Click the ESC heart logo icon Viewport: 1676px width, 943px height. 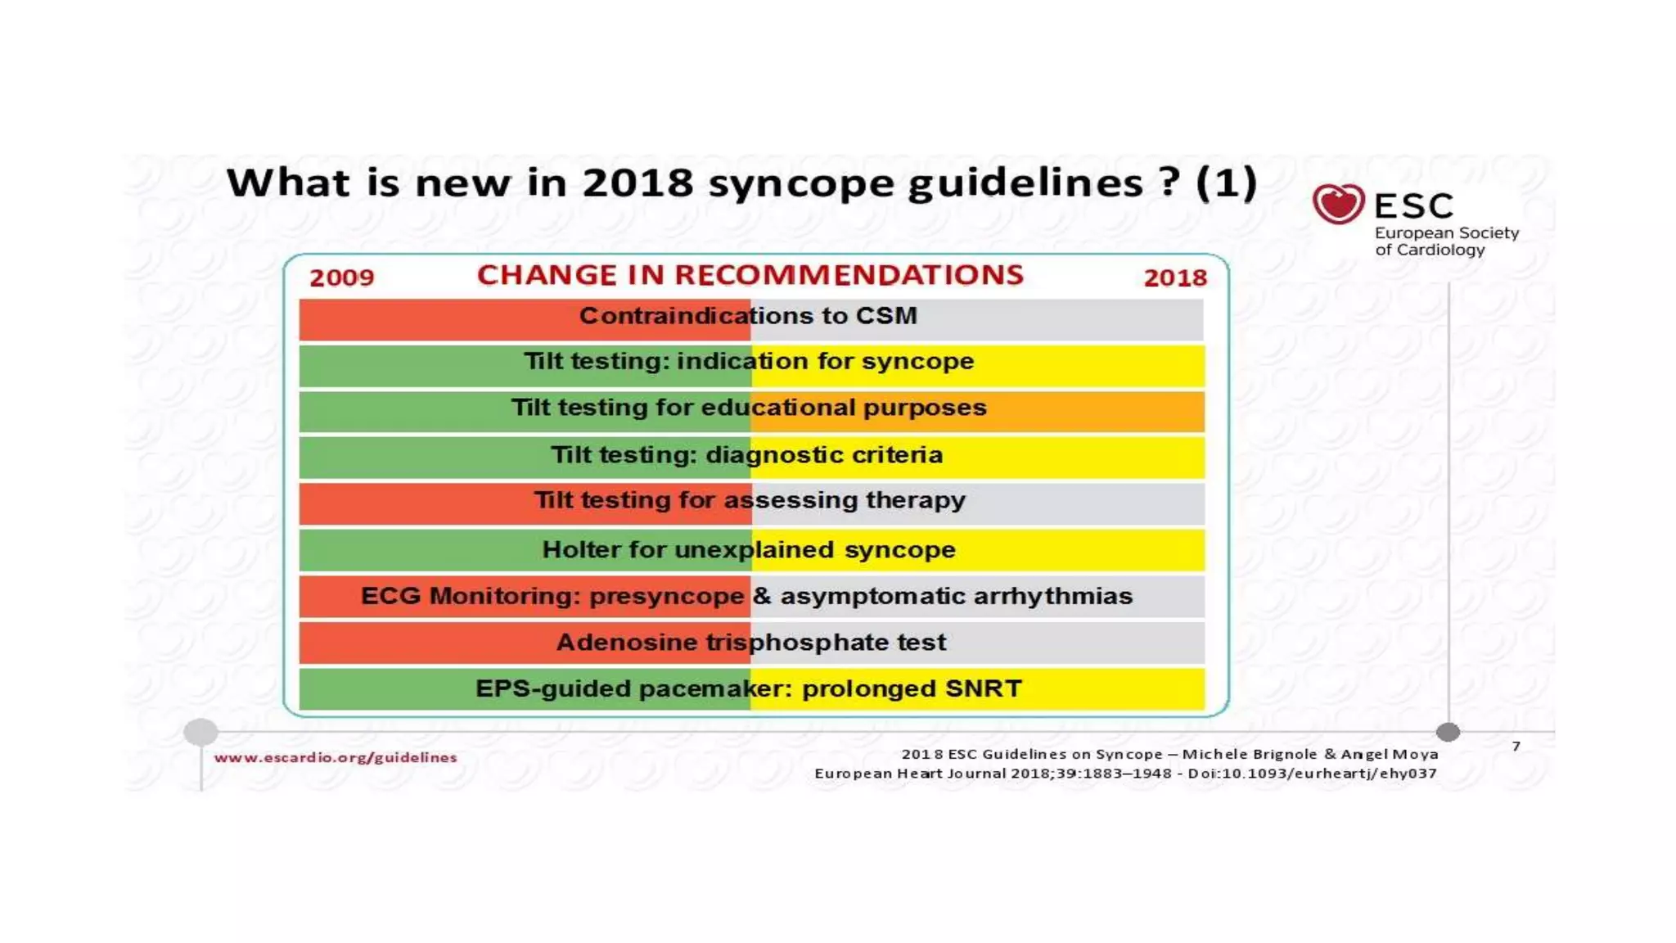point(1338,204)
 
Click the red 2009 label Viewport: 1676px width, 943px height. point(341,278)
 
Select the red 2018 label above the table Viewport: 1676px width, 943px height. point(1175,278)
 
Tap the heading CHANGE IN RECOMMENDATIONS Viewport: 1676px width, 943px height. point(750,275)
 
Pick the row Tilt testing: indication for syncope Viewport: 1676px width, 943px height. point(749,362)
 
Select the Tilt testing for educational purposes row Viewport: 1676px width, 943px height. point(749,408)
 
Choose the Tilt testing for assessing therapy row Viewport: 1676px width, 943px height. point(750,501)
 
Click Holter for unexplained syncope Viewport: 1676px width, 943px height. point(749,550)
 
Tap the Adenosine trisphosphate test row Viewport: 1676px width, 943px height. point(750,643)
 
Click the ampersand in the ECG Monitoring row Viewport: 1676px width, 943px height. point(762,596)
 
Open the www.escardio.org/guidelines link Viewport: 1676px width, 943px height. point(336,758)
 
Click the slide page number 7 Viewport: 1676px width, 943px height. point(1516,747)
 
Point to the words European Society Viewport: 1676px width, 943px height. point(1446,233)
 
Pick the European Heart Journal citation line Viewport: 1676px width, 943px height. point(1125,774)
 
